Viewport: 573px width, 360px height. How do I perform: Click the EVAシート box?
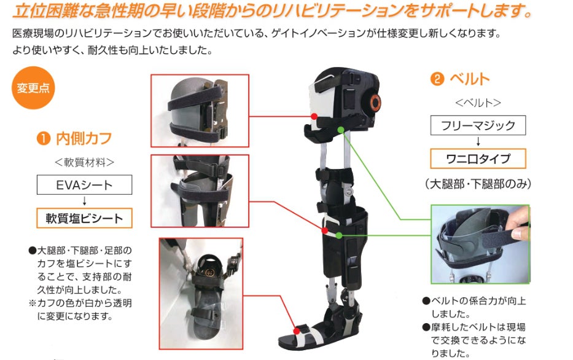(84, 185)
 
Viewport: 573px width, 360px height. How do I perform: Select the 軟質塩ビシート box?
(84, 217)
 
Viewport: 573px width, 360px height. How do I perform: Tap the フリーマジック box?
(478, 126)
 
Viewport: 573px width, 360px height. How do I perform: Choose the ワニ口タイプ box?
(478, 158)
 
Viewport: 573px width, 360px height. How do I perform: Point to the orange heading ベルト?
(469, 79)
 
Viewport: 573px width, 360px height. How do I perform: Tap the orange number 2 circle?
(437, 79)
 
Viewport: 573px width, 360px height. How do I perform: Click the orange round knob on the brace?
(375, 101)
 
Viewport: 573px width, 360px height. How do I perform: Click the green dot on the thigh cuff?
(341, 130)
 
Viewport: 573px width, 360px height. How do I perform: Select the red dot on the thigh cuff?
(314, 116)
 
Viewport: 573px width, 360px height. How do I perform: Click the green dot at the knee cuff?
(338, 234)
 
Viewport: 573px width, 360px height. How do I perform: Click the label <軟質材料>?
(84, 162)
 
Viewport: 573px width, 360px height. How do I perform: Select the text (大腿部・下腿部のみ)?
(477, 183)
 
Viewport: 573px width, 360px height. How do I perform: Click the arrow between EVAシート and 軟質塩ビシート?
(84, 201)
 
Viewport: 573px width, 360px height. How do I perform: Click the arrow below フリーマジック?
(478, 142)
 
